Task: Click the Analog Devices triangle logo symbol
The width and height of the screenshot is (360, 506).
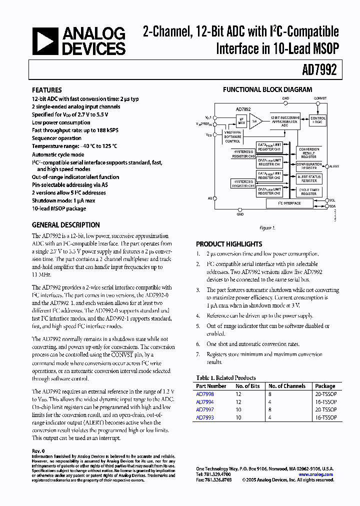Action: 44,40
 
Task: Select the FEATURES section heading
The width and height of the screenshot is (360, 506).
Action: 47,90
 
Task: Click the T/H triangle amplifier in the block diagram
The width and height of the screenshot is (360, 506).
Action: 255,121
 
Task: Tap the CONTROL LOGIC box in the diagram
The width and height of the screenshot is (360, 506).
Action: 317,120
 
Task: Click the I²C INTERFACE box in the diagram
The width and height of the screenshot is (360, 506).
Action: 289,203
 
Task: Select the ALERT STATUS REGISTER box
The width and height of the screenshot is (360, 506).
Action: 309,178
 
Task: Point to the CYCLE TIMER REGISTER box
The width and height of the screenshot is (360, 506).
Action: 308,192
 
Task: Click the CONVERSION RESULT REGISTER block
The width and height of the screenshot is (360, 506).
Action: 309,151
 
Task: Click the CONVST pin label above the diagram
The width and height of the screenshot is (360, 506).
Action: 320,98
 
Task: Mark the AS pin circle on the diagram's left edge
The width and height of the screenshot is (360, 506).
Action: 214,198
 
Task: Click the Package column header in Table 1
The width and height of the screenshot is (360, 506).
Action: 325,386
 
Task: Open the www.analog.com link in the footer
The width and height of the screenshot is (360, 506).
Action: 318,473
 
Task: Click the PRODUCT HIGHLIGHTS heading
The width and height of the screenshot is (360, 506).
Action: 229,244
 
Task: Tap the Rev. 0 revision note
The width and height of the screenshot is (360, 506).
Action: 38,451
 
